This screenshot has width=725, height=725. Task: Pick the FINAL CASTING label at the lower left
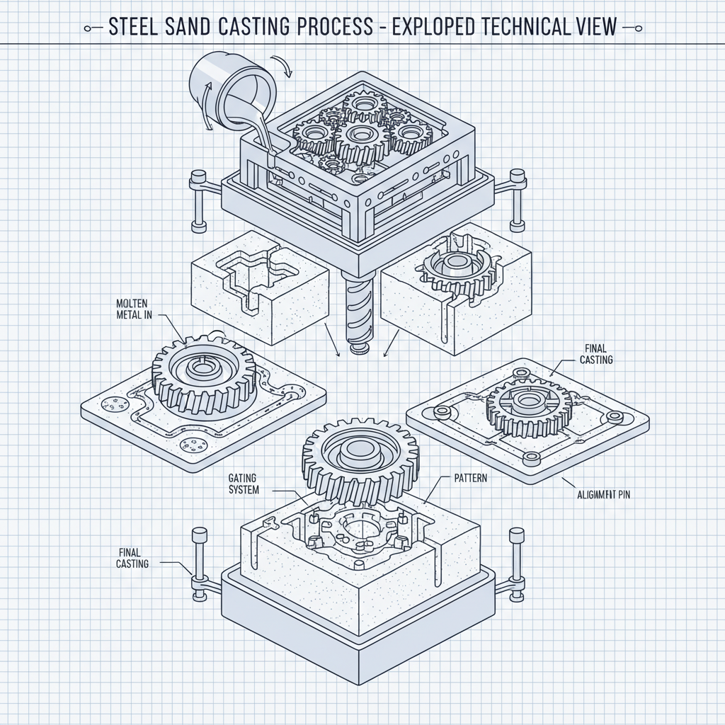click(x=133, y=558)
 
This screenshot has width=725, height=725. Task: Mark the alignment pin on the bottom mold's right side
click(x=515, y=566)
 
